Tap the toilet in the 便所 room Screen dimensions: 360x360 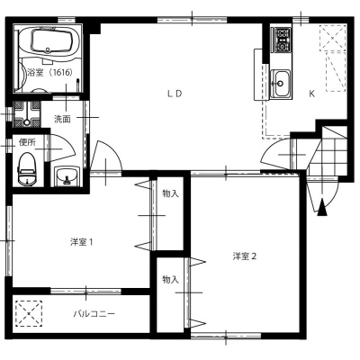27,169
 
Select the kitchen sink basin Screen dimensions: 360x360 281,84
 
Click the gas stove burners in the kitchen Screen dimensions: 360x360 282,40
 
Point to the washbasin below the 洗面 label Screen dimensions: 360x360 67,175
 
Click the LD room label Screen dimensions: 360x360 175,94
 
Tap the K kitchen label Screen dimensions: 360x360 312,94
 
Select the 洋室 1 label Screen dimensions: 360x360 81,242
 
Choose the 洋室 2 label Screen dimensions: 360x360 245,256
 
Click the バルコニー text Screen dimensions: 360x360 94,314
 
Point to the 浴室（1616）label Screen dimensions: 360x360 50,72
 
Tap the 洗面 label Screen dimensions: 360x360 62,119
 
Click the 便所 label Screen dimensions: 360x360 27,142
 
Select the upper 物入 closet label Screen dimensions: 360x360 170,193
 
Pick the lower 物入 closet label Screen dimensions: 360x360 170,280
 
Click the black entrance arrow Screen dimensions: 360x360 322,207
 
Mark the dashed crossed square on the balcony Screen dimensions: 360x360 29,313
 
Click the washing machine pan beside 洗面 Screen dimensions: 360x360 27,114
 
